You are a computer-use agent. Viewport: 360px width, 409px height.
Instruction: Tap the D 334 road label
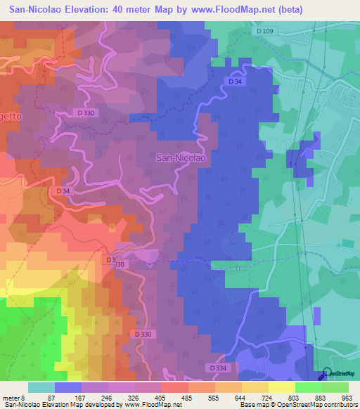click(218, 368)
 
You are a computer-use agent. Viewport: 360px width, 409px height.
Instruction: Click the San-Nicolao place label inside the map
click(180, 159)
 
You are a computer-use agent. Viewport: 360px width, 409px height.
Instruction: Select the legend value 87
click(51, 398)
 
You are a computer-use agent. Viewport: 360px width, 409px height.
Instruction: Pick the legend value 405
click(161, 398)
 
